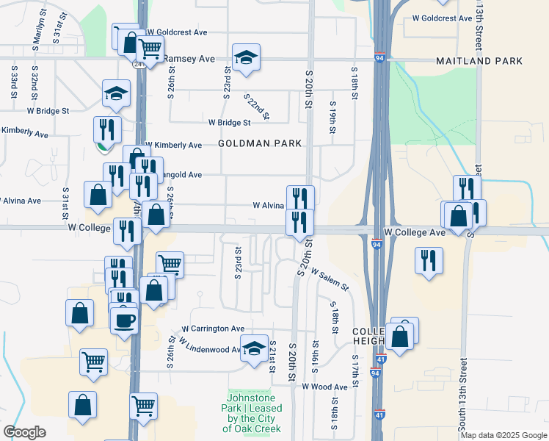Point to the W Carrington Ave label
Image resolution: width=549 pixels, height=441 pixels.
pos(214,329)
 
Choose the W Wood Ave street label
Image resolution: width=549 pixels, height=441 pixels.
pos(324,387)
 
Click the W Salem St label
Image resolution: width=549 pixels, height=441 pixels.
pos(329,279)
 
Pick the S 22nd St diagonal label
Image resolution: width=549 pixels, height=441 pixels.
pos(258,107)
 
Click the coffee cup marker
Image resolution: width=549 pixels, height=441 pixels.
pos(124,321)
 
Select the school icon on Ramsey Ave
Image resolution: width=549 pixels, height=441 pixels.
pos(246,57)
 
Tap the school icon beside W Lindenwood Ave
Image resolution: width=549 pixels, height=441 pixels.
pos(254,348)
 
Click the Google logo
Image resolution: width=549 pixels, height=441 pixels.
pos(24,432)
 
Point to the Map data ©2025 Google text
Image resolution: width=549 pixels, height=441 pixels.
pos(503,435)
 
